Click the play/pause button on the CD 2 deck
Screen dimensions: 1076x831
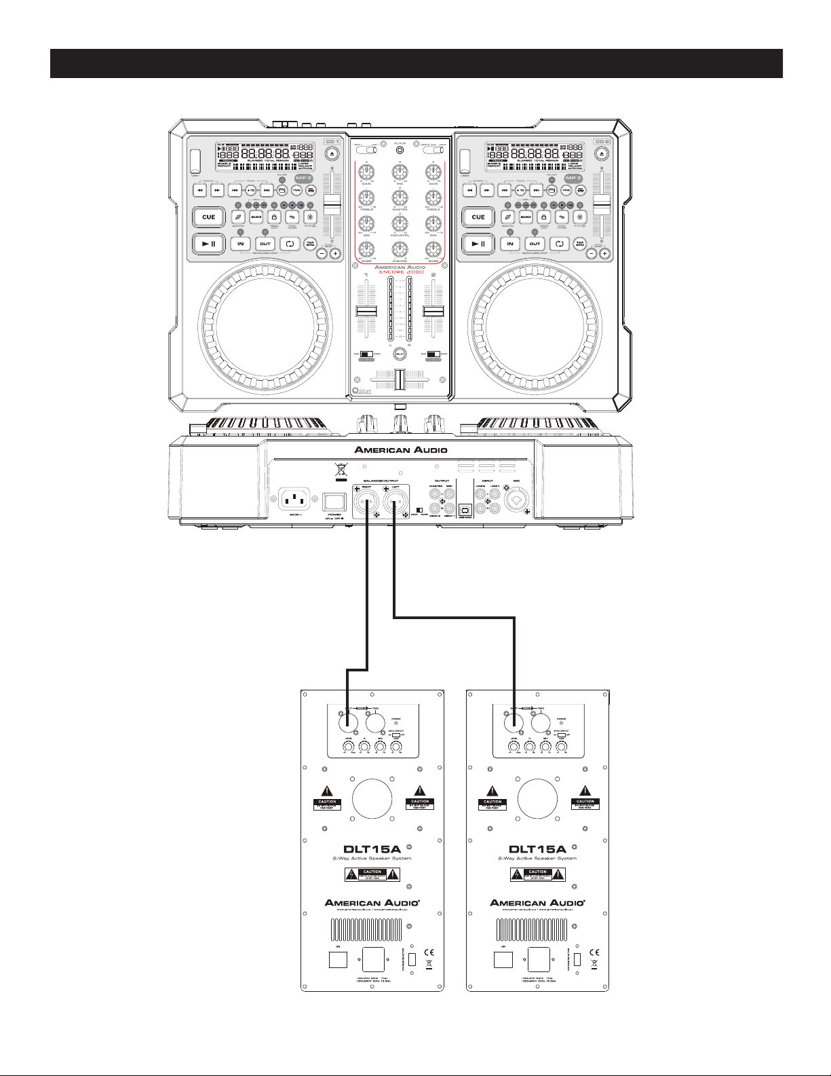[478, 244]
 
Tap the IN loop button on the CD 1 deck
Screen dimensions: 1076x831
[240, 244]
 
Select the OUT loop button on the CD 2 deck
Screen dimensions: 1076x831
[535, 244]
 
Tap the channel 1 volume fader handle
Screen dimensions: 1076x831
[366, 311]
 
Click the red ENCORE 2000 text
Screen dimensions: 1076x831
[400, 272]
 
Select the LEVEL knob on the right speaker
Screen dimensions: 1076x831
[514, 748]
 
